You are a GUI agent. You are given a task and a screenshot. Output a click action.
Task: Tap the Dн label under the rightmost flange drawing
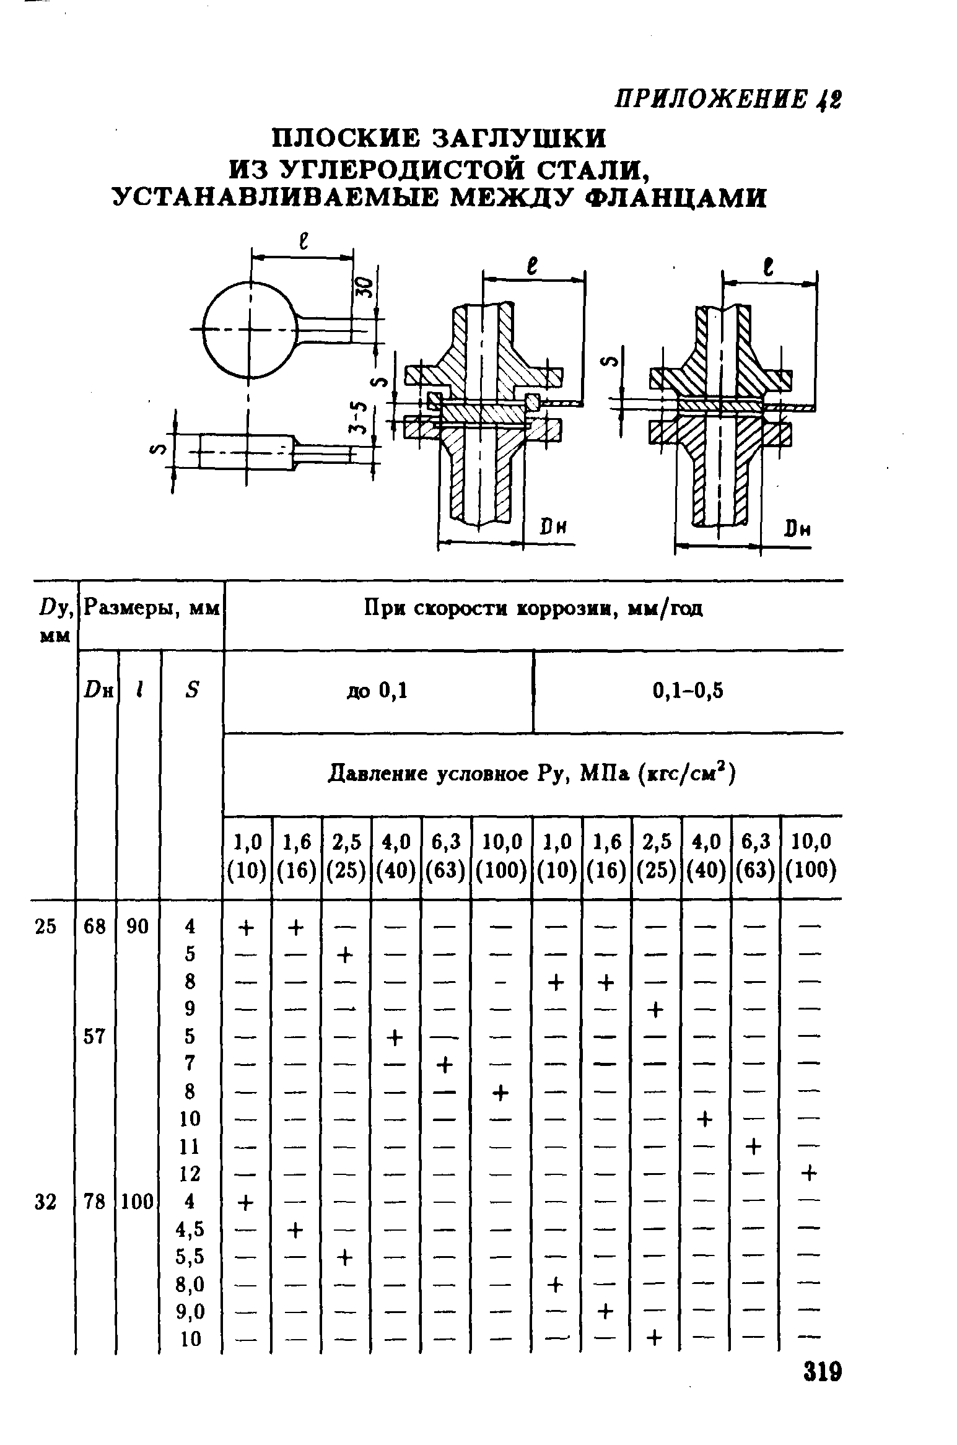(x=797, y=530)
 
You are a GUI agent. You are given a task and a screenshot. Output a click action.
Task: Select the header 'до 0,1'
(x=377, y=691)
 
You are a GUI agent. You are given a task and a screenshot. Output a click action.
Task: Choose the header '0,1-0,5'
(x=688, y=691)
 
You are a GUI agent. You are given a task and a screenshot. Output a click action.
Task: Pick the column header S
(x=191, y=690)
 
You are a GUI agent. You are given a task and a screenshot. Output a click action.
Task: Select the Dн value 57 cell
(x=95, y=1036)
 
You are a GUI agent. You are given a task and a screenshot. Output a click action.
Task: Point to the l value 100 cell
(x=138, y=1202)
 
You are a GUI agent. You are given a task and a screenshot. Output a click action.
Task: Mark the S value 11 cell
(x=190, y=1146)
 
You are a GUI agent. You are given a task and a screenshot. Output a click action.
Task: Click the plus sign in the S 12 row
(x=810, y=1174)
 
